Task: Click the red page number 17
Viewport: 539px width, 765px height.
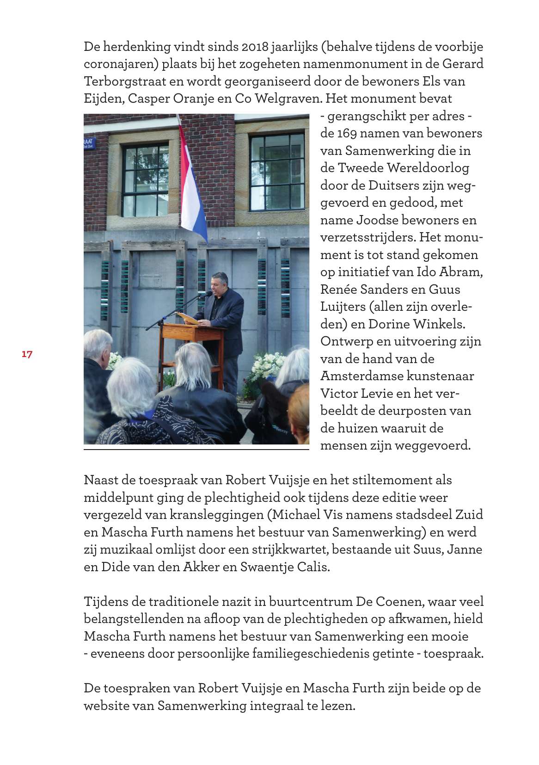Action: (27, 354)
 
